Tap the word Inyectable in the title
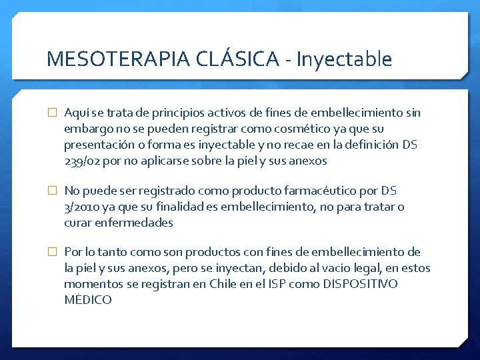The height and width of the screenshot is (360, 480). [x=344, y=59]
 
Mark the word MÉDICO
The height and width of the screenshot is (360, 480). [x=88, y=300]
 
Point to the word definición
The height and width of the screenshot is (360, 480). [x=377, y=145]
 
